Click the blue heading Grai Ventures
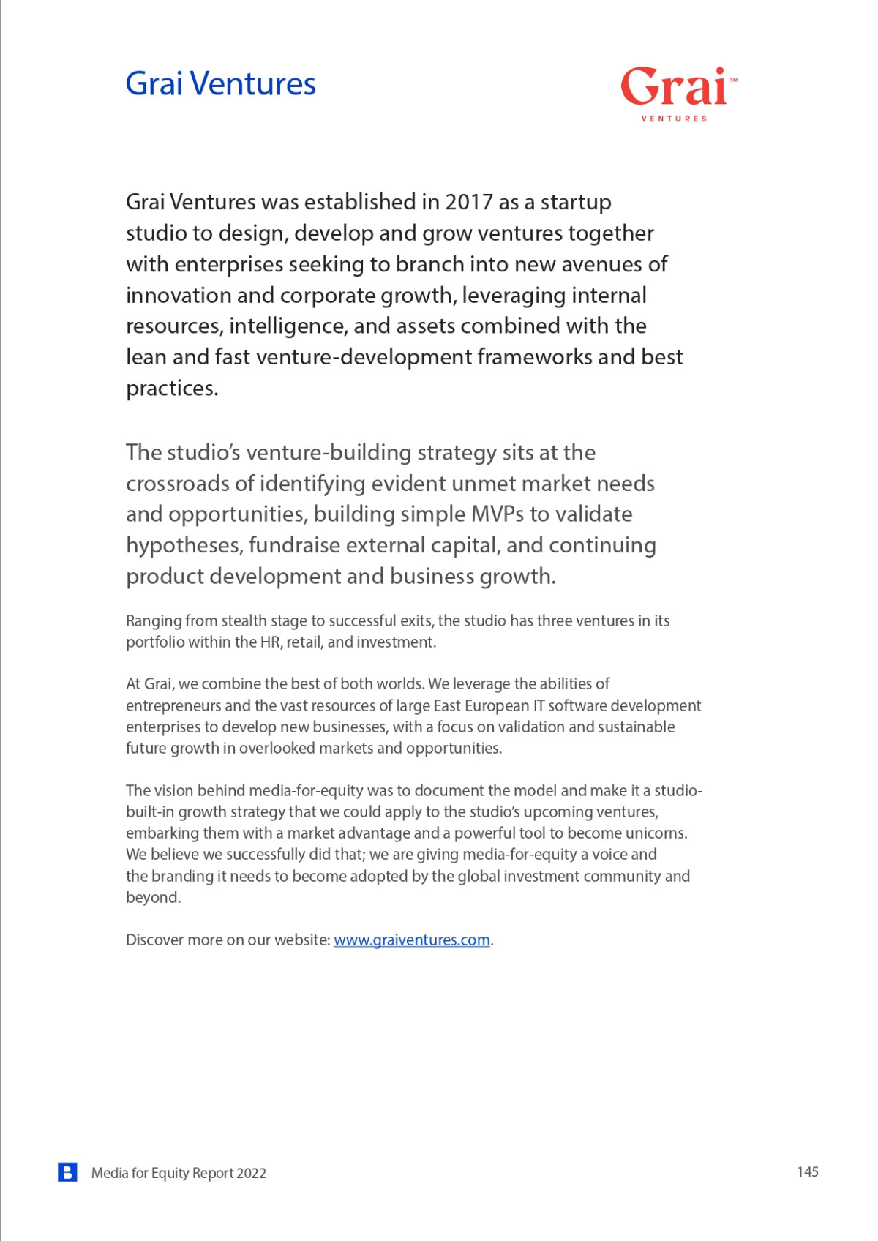(x=220, y=83)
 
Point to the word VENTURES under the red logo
(x=674, y=119)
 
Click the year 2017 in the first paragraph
(x=468, y=202)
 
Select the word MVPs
(x=498, y=514)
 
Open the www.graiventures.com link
(x=411, y=940)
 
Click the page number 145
(x=807, y=1172)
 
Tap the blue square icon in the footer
(x=67, y=1172)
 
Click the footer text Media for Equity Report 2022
(x=179, y=1173)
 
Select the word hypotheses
(x=184, y=546)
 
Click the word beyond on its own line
(x=152, y=898)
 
